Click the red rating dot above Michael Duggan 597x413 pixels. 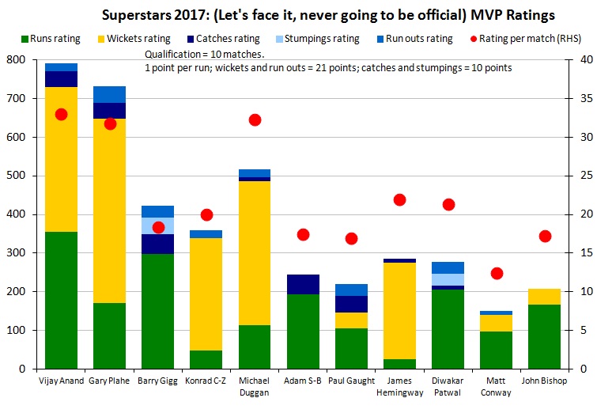pos(255,120)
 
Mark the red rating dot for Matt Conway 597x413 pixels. pos(497,273)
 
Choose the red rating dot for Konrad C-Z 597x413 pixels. pos(206,214)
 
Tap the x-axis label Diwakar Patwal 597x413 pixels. pos(448,387)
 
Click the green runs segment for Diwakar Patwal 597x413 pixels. pos(448,329)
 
